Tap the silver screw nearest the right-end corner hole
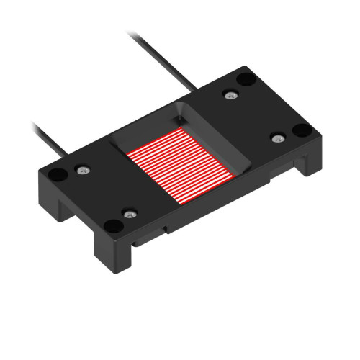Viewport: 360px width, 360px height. [x=276, y=137]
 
